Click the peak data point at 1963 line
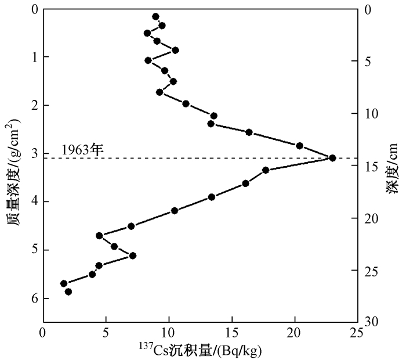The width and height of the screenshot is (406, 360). pos(332,157)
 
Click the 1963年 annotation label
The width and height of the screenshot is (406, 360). pos(82,149)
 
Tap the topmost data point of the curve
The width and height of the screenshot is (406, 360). pos(155,17)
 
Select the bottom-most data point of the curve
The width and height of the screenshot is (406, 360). pos(68,291)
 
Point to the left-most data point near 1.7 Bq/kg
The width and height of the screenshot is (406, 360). pos(64,283)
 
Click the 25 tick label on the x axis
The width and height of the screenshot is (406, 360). pos(358,334)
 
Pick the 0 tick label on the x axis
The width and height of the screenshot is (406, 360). pos(43,334)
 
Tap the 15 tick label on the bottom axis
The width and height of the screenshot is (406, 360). pos(232,334)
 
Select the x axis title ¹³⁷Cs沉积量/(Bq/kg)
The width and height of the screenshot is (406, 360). pos(200,350)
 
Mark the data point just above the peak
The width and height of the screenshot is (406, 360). pos(300,145)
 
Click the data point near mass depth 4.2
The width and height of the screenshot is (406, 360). pos(175,211)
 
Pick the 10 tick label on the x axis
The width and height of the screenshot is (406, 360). pos(169,334)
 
